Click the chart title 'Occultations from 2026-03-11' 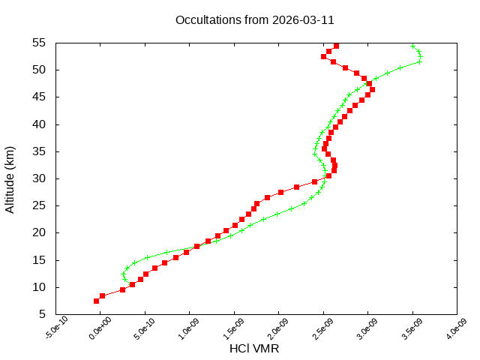tap(255, 19)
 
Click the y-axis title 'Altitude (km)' tap(10, 178)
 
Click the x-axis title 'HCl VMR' tap(255, 348)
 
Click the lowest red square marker tap(96, 301)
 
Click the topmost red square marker tap(336, 46)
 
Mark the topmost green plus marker tap(413, 46)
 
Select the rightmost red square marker tap(372, 89)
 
